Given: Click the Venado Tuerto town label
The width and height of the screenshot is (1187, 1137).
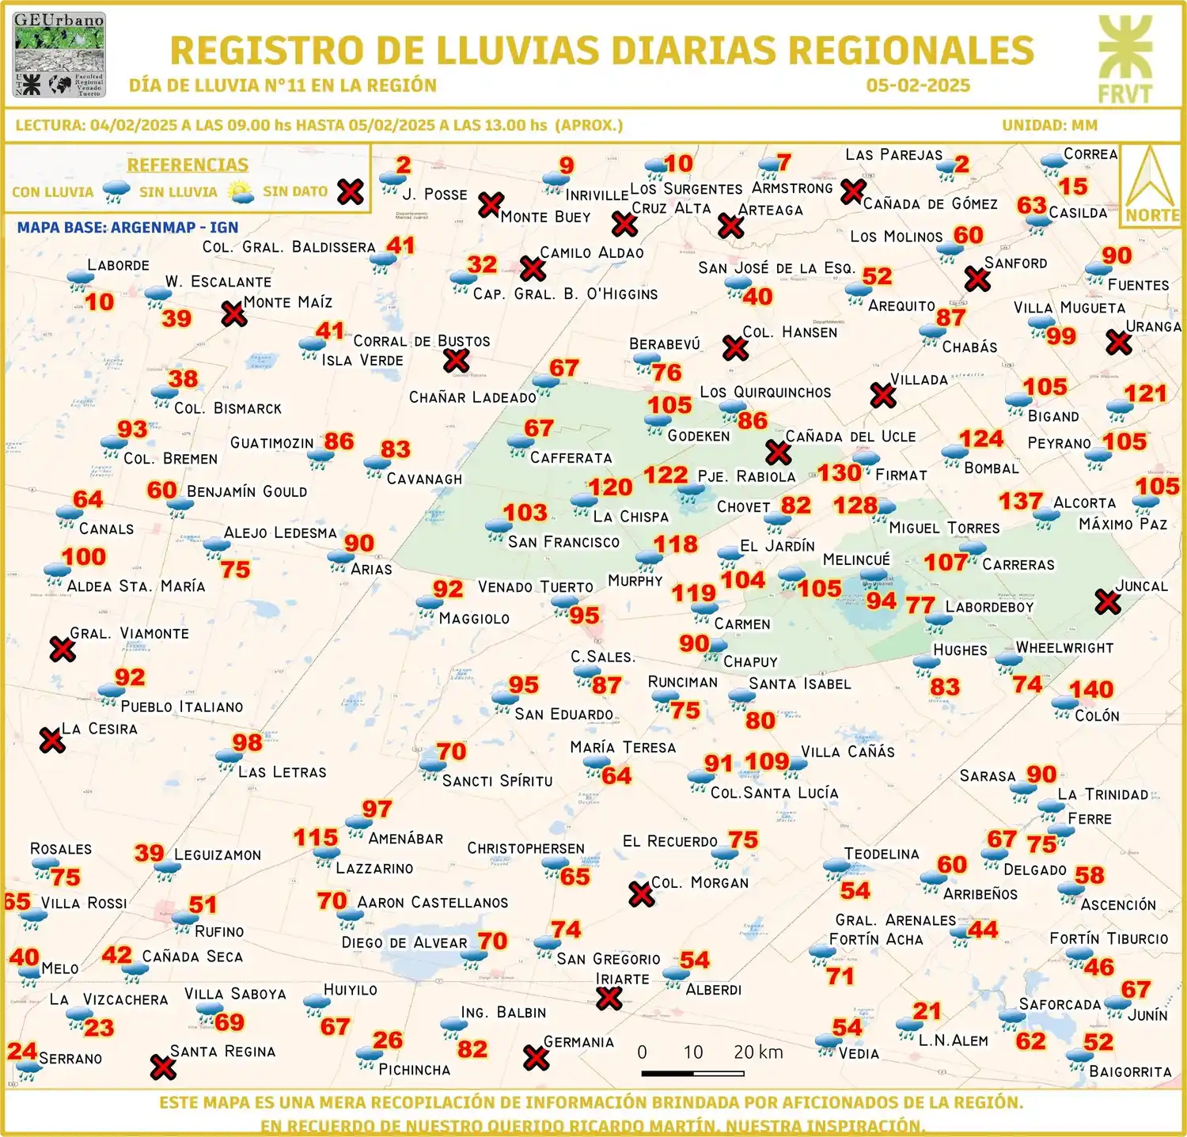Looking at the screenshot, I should click(535, 587).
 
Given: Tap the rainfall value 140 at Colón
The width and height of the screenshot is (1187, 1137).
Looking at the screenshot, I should click(1091, 690).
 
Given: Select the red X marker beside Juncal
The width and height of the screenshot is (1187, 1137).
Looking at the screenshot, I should click(1108, 602).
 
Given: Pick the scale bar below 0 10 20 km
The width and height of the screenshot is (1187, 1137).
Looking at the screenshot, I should click(692, 1074).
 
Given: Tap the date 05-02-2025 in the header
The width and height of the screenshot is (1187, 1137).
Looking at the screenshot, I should click(918, 85).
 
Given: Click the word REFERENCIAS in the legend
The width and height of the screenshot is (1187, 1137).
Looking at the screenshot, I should click(188, 165).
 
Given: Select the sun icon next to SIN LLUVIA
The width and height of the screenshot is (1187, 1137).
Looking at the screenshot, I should click(241, 192).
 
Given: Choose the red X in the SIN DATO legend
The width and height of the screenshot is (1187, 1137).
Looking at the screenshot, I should click(351, 191).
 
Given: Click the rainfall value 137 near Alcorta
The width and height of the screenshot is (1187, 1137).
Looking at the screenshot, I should click(1020, 502).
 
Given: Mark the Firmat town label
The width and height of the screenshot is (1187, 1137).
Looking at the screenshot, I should click(901, 475).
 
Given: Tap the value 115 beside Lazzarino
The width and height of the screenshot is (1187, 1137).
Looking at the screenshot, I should click(316, 838).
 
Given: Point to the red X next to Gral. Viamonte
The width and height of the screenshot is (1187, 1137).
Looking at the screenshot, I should click(63, 650).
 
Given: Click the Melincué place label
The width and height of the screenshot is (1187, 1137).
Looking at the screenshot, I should click(856, 560).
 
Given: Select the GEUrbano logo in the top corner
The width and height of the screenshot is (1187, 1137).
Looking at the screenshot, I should click(59, 55).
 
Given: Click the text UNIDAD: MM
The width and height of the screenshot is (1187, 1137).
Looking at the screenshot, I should click(1049, 125).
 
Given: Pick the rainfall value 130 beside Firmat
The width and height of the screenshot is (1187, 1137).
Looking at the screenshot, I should click(839, 473).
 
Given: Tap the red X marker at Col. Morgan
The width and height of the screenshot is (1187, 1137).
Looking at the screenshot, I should click(641, 895).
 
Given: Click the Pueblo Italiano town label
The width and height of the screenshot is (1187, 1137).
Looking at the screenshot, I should click(182, 707).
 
